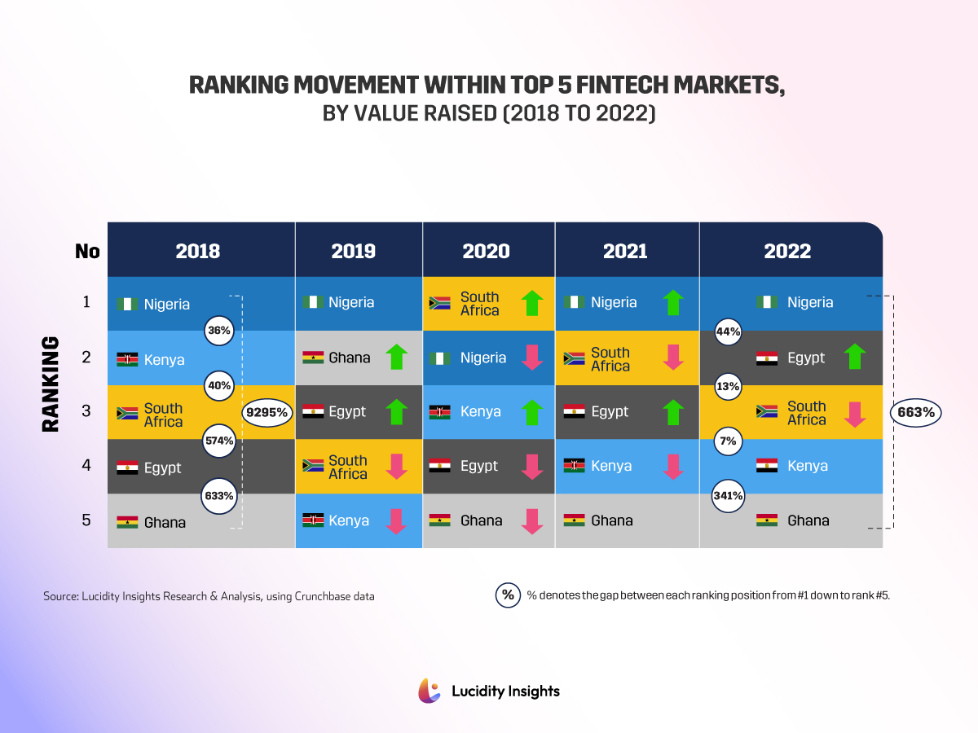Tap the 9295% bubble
click(x=267, y=413)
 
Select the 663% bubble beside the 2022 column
click(x=916, y=413)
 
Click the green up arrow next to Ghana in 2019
click(x=395, y=357)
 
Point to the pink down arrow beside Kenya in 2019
click(x=395, y=521)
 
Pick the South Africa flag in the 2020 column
click(x=440, y=304)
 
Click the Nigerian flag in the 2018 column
click(x=127, y=305)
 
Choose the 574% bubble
click(x=218, y=441)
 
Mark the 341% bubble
click(x=728, y=495)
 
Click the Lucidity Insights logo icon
click(x=430, y=691)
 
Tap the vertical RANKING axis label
click(x=51, y=384)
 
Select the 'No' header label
click(x=87, y=251)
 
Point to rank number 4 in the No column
click(x=86, y=466)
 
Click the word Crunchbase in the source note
click(x=319, y=596)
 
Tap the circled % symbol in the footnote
click(x=508, y=595)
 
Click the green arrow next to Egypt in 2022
click(x=855, y=357)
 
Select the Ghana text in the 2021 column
click(x=611, y=520)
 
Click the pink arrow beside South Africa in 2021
click(x=673, y=358)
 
